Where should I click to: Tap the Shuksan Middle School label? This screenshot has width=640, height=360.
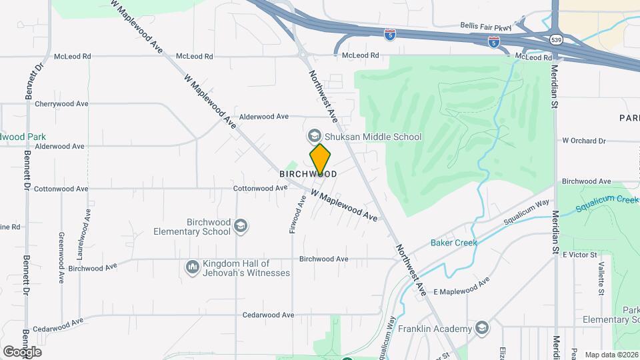(372, 137)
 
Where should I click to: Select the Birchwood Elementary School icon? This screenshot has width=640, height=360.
(240, 226)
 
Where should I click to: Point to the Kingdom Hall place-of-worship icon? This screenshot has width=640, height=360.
(193, 267)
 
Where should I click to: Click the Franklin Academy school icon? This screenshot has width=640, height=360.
(482, 328)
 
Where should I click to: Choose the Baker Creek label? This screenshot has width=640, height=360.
(453, 243)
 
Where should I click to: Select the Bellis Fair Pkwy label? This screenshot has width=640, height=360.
(485, 27)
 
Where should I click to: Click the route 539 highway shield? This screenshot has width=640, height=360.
(556, 40)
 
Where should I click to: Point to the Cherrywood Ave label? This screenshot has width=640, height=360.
(61, 104)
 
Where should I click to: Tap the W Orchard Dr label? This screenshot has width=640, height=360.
(584, 141)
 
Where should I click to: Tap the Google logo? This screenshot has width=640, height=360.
(22, 352)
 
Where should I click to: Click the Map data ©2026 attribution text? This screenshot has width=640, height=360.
(611, 355)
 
